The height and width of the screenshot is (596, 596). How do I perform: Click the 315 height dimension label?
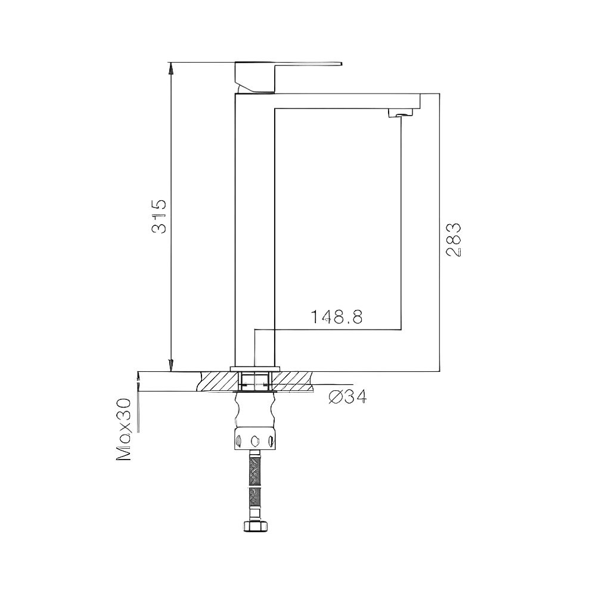[159, 215]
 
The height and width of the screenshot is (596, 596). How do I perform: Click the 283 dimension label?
[454, 240]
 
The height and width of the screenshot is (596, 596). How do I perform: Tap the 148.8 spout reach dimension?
[336, 317]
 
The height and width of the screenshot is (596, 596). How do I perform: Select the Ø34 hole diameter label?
[347, 396]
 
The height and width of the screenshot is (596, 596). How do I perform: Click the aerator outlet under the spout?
[401, 113]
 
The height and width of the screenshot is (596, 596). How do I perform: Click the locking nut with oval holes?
[256, 440]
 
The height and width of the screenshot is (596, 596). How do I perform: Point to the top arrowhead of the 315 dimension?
[171, 67]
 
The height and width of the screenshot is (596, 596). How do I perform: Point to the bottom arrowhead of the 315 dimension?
[171, 365]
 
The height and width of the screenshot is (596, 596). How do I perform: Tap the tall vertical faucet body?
[254, 226]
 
